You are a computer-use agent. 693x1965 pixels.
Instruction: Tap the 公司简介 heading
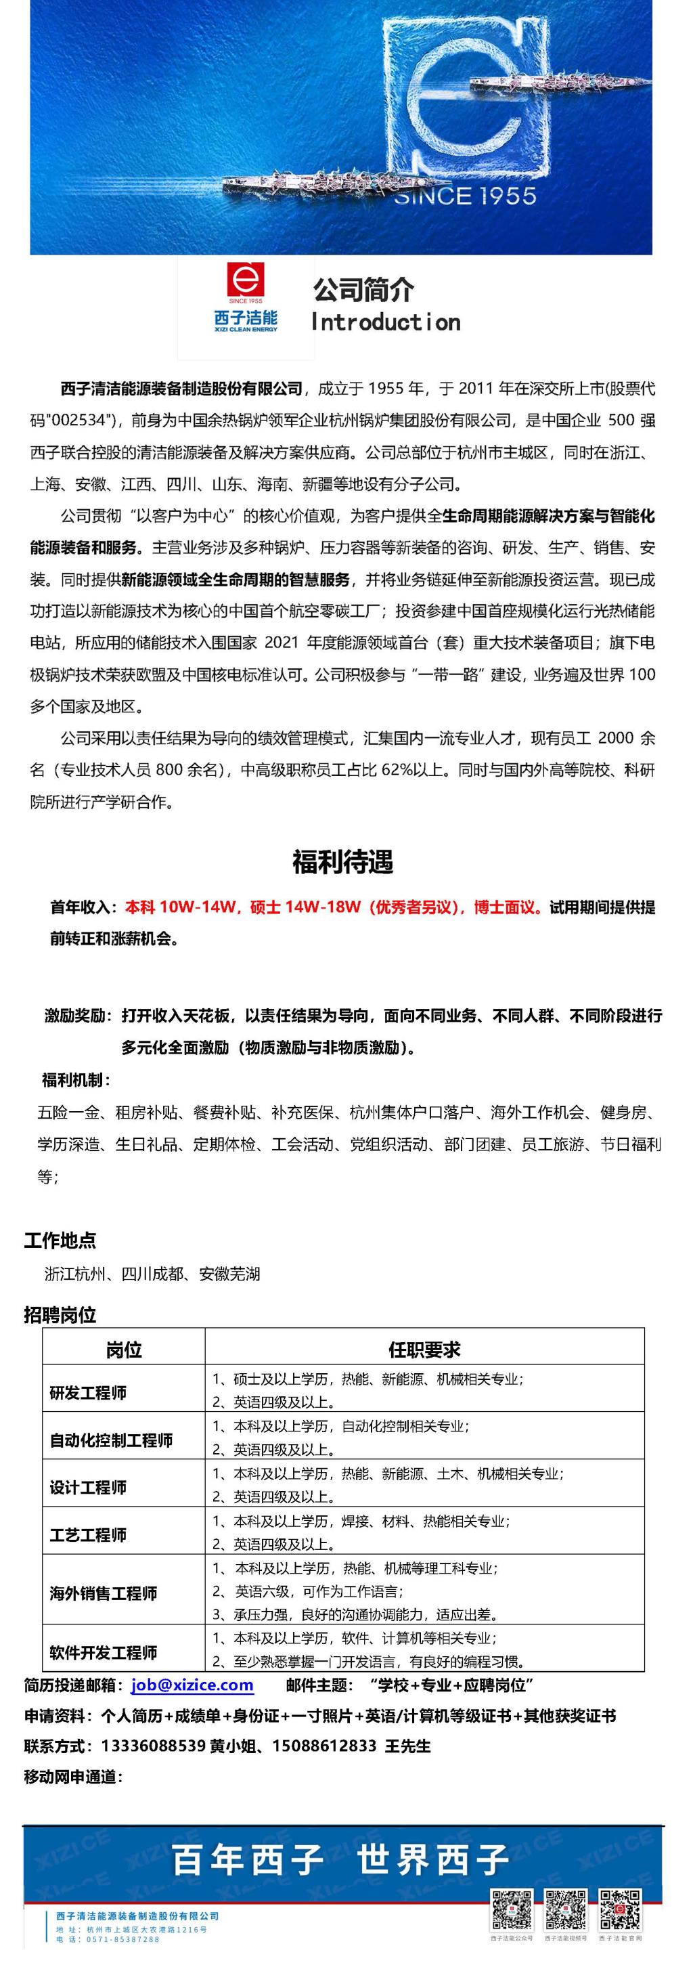coord(363,290)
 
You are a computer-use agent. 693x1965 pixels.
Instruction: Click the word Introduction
coord(386,323)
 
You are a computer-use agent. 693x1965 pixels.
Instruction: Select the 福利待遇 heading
coord(343,862)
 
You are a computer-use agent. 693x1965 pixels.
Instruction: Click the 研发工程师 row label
coord(89,1393)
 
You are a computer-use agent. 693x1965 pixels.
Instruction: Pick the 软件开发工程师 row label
coord(104,1652)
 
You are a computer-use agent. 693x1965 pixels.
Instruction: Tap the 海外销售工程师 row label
coord(104,1593)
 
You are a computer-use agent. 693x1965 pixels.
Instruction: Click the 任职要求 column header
coord(424,1349)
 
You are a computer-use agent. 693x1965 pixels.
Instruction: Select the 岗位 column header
coord(123,1349)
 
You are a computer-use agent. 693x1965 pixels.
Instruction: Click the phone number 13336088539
coord(153,1746)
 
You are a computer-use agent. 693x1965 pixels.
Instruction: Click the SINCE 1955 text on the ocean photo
coord(465,196)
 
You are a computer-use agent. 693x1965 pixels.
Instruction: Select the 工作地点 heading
coord(60,1240)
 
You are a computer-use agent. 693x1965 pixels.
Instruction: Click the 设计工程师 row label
coord(89,1487)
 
